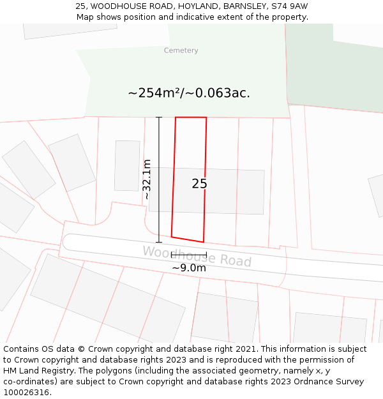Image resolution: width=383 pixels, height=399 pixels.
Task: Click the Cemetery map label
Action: [x=181, y=50]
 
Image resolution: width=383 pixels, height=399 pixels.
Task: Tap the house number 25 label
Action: [x=199, y=184]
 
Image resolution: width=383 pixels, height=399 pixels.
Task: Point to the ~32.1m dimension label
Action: [x=147, y=179]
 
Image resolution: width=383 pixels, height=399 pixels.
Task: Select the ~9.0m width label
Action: [x=189, y=268]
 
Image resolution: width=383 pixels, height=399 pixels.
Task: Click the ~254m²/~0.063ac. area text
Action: [x=189, y=93]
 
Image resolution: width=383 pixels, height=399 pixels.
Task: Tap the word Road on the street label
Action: [x=236, y=260]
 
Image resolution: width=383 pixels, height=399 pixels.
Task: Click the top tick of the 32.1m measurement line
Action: [x=159, y=117]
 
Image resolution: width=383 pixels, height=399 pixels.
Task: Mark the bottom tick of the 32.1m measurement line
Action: [x=159, y=243]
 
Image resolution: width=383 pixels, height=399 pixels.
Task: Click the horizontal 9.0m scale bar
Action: [x=188, y=255]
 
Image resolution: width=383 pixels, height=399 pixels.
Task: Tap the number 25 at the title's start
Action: [x=80, y=6]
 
